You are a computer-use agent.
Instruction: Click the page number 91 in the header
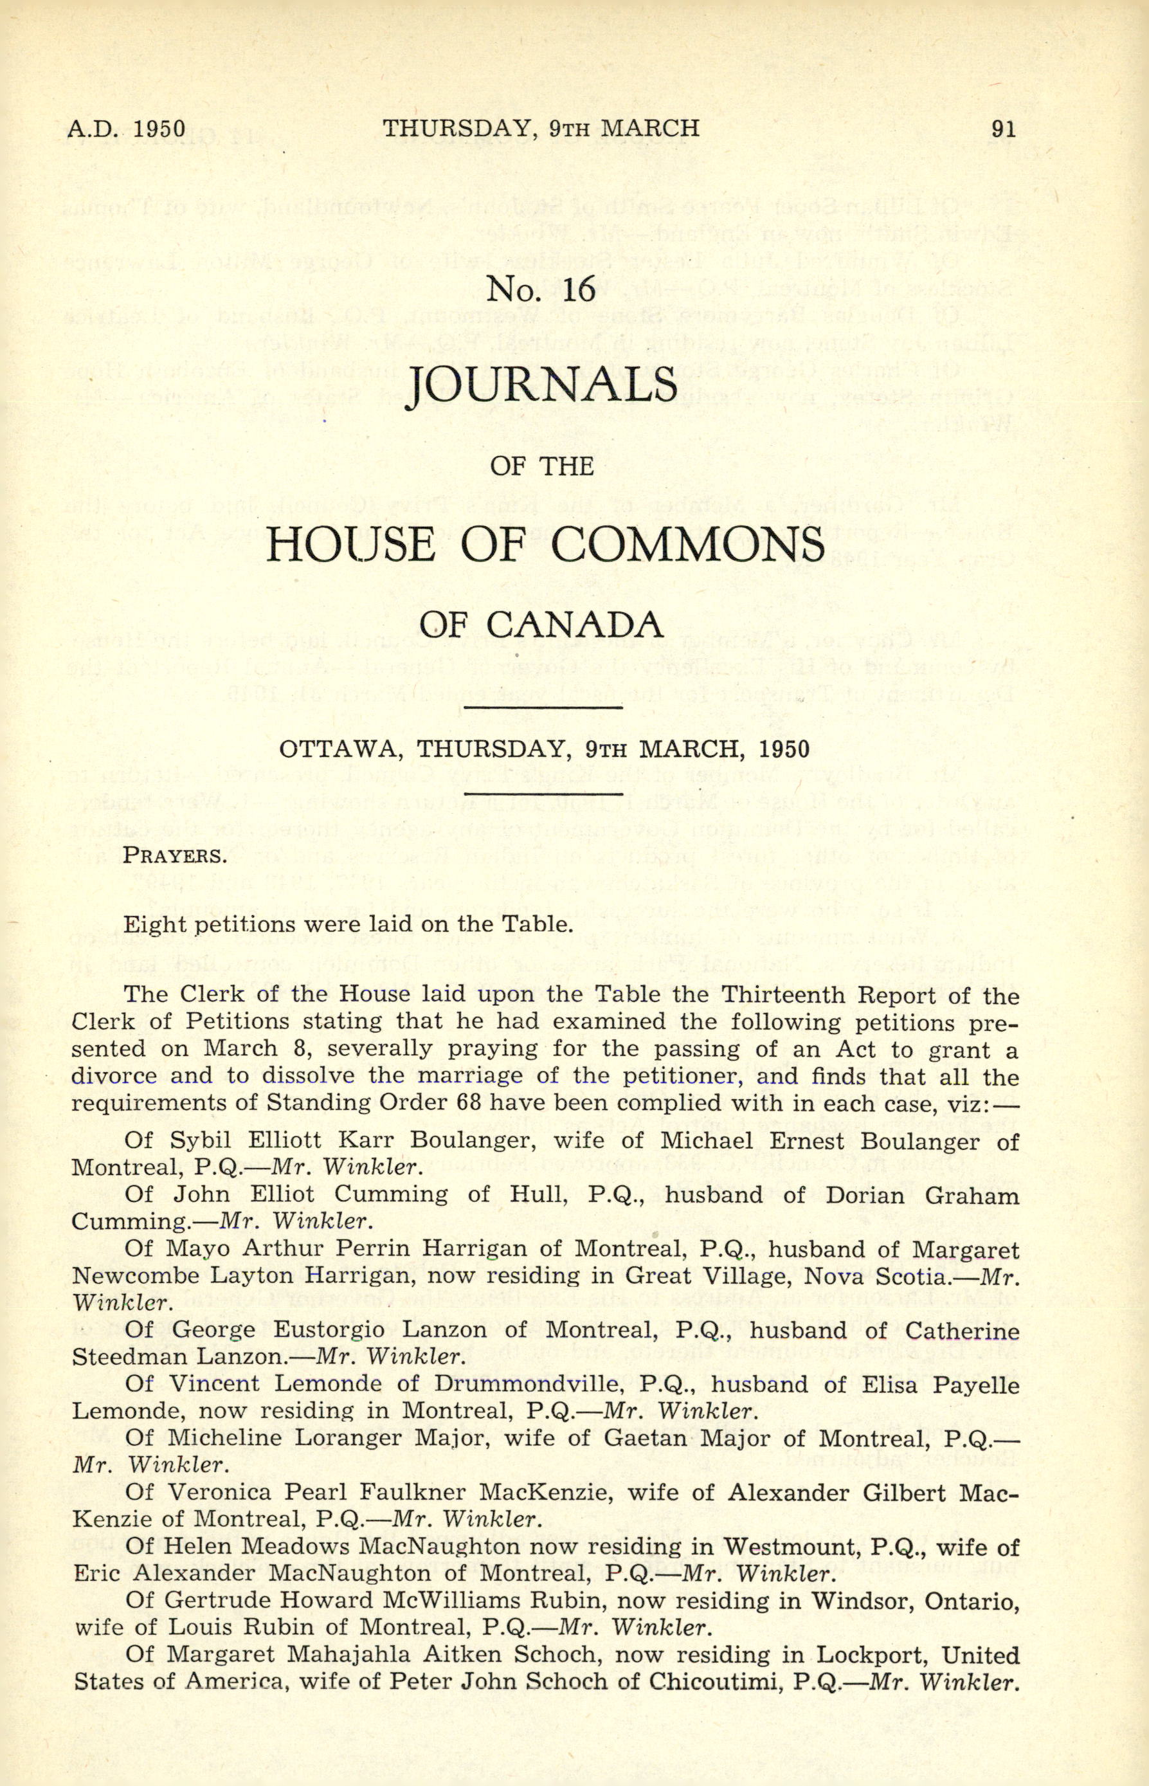click(1002, 129)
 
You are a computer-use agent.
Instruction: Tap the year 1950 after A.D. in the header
click(158, 129)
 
